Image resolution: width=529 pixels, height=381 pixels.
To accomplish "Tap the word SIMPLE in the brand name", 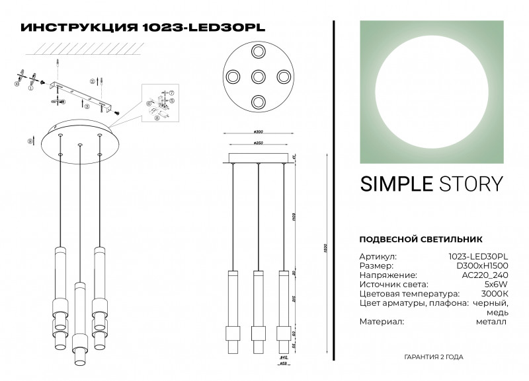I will (x=395, y=184).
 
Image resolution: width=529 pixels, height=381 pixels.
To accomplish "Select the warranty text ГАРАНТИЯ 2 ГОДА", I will (x=433, y=357).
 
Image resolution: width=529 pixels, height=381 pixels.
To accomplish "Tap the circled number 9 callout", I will (x=30, y=141).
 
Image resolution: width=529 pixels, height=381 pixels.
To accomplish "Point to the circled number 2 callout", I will (x=93, y=80).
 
